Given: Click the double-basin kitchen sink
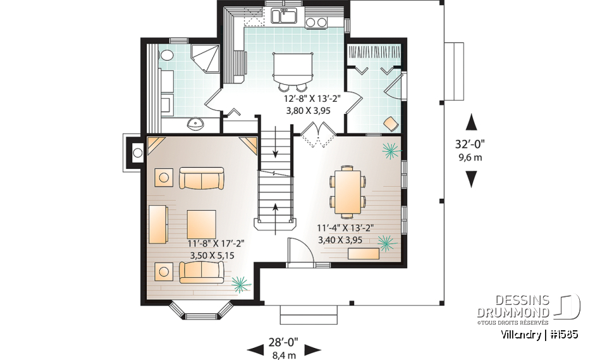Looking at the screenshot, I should point(284,15).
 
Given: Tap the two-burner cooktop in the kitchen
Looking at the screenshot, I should point(316,23).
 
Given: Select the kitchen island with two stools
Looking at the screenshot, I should point(292,67).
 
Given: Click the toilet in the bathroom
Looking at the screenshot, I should point(166,56).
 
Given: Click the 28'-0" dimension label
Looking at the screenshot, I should point(284,342).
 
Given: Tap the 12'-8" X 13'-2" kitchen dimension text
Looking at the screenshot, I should point(314,99).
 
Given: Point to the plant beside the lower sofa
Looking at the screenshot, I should point(240,284).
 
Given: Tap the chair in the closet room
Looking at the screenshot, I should point(390,122).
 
